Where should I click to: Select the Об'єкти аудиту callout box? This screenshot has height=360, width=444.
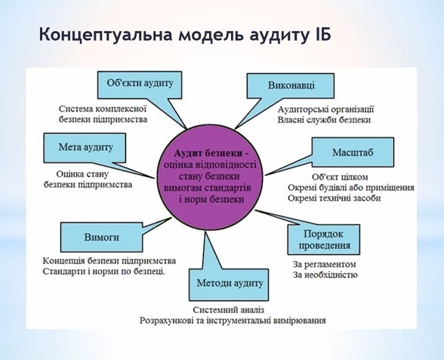point(140,85)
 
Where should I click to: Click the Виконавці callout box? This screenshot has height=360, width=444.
point(291,86)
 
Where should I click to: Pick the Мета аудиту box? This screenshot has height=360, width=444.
point(85,148)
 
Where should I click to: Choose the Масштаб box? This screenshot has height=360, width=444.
point(353,152)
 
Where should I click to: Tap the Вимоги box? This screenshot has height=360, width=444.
point(101,237)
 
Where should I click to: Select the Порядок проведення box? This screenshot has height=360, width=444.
point(324,240)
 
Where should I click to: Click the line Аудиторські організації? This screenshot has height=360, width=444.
point(325,109)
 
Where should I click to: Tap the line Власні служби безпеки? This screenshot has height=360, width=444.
point(324,120)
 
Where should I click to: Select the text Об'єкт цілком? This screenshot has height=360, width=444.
point(340,177)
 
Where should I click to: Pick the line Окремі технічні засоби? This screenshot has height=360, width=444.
point(334,198)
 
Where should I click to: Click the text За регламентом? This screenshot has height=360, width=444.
point(324,265)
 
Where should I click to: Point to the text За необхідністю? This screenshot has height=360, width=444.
point(325,275)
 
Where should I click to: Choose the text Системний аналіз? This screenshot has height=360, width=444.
point(229,310)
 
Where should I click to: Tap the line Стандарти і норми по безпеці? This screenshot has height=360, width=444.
point(104,272)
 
